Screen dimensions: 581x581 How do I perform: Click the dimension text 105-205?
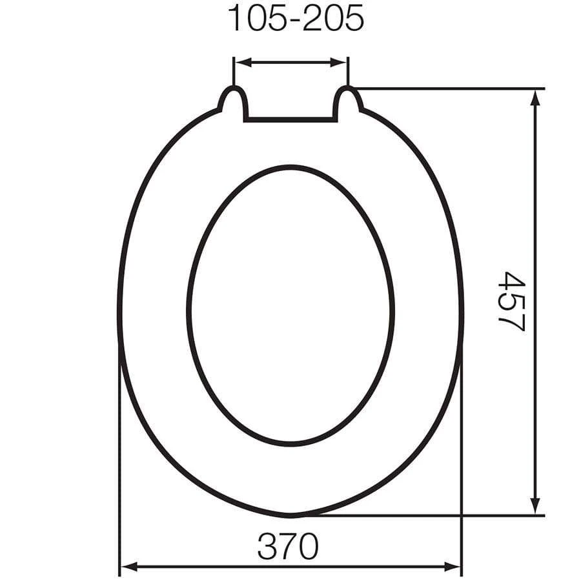(296, 19)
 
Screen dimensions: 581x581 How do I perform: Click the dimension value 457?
(512, 301)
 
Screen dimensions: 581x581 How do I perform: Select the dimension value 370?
(288, 547)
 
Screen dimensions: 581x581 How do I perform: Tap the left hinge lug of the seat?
(232, 102)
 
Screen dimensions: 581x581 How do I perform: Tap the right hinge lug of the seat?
(348, 102)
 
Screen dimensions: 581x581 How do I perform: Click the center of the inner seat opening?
(290, 305)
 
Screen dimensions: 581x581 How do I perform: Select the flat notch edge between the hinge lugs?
(290, 119)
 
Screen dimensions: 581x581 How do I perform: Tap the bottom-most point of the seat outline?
(290, 516)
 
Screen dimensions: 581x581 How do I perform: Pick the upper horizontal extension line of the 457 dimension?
(452, 88)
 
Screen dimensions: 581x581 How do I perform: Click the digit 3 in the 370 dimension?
(267, 547)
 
